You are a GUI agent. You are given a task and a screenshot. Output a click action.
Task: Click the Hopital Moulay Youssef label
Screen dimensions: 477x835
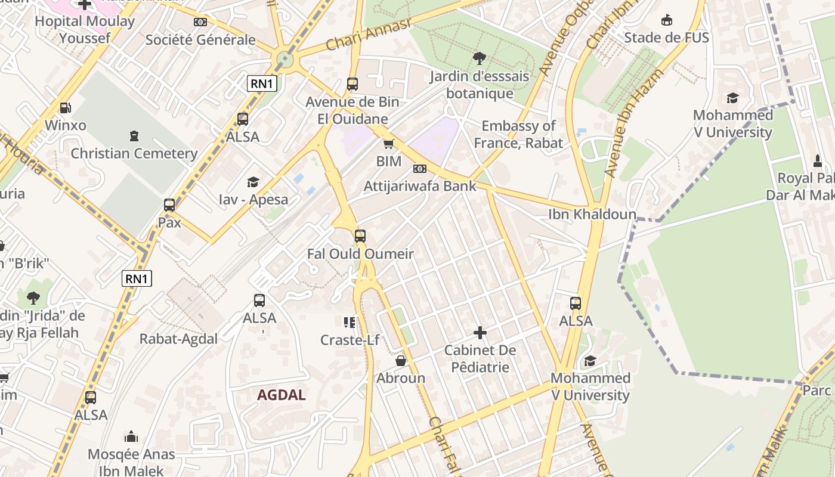84,30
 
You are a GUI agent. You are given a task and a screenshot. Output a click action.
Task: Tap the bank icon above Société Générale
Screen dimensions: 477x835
200,22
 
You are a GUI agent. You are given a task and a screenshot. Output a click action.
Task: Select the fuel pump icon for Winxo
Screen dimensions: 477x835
66,108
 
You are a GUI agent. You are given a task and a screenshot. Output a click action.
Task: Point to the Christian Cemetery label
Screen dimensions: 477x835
134,153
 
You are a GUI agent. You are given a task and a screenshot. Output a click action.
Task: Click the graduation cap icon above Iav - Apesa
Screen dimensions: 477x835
253,182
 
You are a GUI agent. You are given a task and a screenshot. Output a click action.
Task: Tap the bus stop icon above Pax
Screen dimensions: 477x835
169,205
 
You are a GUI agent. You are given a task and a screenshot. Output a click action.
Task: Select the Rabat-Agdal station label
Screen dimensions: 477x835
178,339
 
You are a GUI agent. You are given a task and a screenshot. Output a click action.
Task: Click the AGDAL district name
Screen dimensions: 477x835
282,395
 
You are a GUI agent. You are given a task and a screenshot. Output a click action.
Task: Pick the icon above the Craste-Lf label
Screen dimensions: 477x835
350,323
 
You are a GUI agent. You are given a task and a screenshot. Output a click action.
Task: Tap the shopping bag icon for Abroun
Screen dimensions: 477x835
401,361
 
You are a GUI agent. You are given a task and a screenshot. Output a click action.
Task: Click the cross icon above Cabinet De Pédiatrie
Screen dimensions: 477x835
480,332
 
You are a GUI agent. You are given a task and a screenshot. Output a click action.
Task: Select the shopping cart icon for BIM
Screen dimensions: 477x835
389,144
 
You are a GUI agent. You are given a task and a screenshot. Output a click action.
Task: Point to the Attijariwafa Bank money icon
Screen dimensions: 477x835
420,169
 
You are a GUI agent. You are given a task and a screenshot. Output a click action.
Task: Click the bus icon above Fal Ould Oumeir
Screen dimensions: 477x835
360,236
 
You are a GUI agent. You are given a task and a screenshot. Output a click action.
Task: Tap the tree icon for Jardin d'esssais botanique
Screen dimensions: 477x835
479,58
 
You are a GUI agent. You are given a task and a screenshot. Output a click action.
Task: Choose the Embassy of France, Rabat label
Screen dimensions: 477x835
518,134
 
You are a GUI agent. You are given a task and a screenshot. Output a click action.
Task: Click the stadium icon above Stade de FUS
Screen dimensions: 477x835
666,20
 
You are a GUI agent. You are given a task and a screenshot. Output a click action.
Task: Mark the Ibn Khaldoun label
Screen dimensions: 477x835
592,214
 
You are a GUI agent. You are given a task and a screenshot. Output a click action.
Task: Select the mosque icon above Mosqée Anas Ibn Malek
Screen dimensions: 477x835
131,437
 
